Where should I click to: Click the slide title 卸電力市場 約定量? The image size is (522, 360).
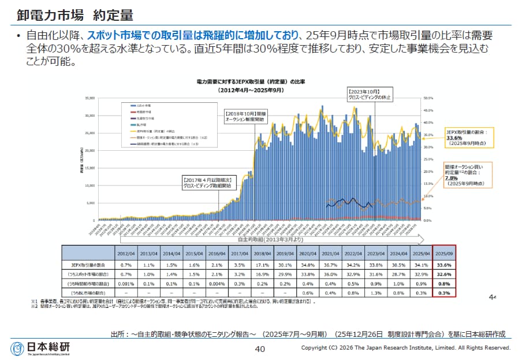coord(58,14)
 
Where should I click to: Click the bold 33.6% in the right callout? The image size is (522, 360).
coord(454,138)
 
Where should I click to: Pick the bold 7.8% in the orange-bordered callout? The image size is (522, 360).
coord(450,179)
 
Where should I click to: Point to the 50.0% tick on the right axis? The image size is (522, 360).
coord(428,98)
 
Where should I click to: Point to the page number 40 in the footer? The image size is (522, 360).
coord(260,348)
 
